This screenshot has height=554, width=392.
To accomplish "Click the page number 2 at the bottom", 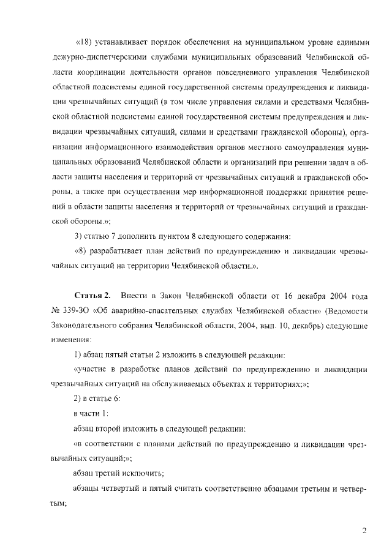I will (364, 530).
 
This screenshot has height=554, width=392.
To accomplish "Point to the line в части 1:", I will (91, 413).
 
